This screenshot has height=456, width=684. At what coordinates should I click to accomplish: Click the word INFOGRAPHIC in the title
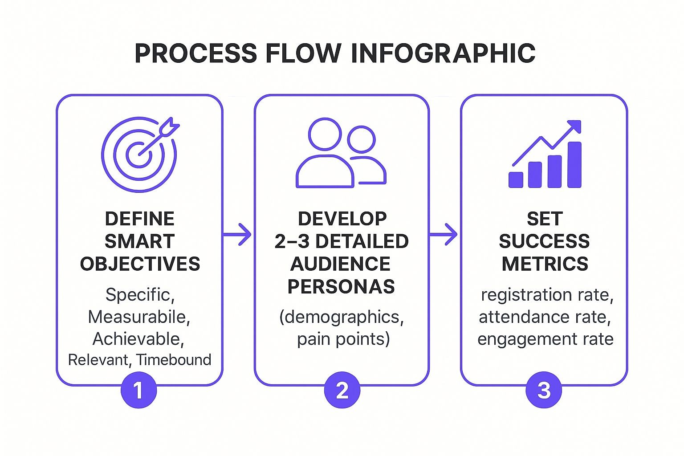443,53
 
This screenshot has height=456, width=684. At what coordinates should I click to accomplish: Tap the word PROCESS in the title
195,53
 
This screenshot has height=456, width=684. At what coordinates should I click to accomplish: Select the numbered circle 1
138,391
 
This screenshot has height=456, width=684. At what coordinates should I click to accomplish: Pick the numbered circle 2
342,391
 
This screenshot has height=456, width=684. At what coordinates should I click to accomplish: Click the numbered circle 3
544,391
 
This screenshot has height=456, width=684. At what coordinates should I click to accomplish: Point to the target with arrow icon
139,154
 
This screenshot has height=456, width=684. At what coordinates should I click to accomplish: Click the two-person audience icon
341,153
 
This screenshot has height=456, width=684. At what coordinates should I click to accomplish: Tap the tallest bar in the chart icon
574,164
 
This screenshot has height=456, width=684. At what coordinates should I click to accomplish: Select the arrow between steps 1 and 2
238,234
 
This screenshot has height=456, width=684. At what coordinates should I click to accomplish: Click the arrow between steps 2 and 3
444,234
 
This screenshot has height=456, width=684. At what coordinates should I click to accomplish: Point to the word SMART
139,241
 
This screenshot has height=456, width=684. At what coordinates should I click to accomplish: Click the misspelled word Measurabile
139,317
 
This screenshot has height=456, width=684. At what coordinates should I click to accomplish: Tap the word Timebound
174,360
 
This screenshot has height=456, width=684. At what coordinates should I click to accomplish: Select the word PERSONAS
341,286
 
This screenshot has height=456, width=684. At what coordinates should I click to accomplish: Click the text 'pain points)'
343,339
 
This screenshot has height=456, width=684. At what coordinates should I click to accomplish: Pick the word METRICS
545,264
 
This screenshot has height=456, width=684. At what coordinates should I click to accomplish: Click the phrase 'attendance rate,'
545,317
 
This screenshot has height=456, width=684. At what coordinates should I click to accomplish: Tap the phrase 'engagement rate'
545,339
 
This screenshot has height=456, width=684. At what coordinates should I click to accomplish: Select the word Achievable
138,339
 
